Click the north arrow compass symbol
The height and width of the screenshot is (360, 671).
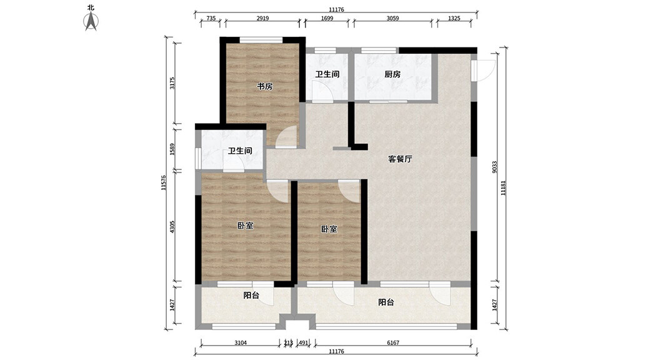(x=91, y=21)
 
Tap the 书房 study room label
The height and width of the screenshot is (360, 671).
(x=265, y=86)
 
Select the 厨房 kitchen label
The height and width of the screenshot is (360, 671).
(x=392, y=74)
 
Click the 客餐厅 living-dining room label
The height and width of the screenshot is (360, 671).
(x=400, y=159)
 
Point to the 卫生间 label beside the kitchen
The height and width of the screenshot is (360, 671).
(x=327, y=74)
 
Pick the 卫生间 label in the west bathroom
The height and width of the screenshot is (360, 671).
(x=240, y=151)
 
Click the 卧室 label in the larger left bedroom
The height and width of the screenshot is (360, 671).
(x=245, y=226)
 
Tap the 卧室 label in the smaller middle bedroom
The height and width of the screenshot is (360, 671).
(x=329, y=229)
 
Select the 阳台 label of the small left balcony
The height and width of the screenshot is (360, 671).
(x=251, y=296)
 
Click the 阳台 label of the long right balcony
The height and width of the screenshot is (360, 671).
(x=386, y=302)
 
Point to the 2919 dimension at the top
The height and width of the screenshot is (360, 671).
(x=262, y=18)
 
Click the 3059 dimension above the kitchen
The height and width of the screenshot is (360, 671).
(x=392, y=18)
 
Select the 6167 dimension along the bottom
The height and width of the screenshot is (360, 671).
(x=393, y=343)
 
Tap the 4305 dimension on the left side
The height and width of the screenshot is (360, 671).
(x=172, y=227)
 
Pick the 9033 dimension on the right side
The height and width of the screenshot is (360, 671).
(x=494, y=167)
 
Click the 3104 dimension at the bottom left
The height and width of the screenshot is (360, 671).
(x=241, y=343)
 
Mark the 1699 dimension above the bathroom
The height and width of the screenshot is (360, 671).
(x=327, y=18)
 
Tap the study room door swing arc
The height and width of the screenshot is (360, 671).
(x=286, y=137)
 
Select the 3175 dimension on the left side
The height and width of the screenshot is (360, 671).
(x=172, y=82)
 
